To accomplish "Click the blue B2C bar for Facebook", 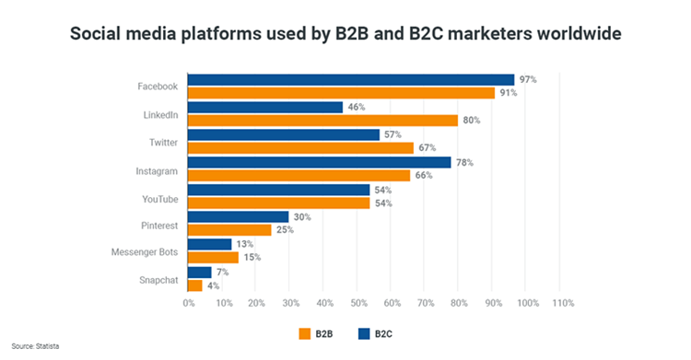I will click(x=350, y=79).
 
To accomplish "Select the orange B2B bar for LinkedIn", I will click(x=322, y=120).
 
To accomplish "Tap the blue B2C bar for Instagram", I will click(x=319, y=162).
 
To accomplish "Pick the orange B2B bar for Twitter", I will click(x=300, y=147).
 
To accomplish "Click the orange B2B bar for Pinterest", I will click(x=229, y=229).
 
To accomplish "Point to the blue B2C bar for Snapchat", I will click(x=199, y=272).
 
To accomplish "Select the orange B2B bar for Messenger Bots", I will click(x=213, y=257).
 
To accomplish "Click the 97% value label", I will click(x=528, y=80).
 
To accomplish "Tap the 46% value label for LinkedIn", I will click(x=356, y=108).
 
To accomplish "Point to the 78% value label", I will click(x=464, y=162).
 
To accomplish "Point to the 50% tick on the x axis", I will click(x=357, y=303).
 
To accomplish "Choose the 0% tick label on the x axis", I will click(x=188, y=303).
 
